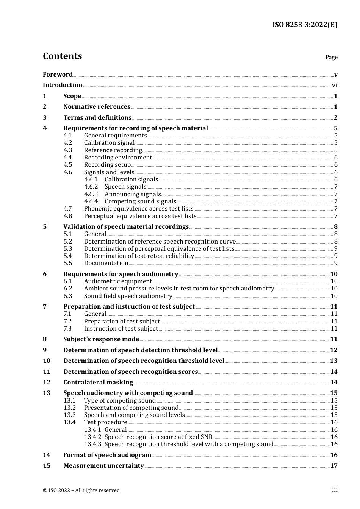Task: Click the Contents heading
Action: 62,56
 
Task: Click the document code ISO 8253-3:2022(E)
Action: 305,25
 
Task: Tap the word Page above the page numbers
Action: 331,57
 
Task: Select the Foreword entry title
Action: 58,75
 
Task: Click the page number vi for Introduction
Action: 335,85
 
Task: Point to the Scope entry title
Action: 72,96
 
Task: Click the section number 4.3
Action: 67,150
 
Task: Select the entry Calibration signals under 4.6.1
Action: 131,180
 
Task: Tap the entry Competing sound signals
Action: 140,201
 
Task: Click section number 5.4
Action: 67,256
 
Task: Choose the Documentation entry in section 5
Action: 106,263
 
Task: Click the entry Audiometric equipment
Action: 118,281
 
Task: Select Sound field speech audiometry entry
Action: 128,296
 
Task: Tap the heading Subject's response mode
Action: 101,339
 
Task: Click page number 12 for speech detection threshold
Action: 333,350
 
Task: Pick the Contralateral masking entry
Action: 98,383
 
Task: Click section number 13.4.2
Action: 92,437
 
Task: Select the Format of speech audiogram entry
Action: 107,455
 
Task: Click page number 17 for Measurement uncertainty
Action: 333,466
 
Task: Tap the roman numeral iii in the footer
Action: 335,490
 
